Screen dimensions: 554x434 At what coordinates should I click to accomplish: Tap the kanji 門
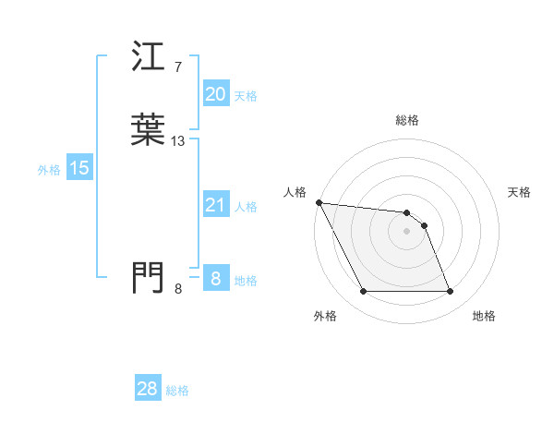coord(149,276)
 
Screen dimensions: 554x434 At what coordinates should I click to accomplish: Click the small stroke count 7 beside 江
coord(177,67)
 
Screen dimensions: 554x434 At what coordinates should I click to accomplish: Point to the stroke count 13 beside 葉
coord(178,141)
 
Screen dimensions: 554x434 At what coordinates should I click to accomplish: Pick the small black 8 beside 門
coord(177,289)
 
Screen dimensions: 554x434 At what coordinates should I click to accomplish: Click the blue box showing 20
coord(215,94)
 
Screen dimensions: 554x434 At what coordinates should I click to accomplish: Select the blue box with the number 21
coord(215,205)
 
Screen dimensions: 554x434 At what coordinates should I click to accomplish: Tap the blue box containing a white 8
coord(215,278)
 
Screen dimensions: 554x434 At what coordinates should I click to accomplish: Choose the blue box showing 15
coord(79,168)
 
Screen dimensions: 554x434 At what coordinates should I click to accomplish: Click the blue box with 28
coord(148,389)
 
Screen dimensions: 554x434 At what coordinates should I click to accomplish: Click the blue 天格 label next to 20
coord(245,96)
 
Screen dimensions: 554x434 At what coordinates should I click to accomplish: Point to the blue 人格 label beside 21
coord(245,207)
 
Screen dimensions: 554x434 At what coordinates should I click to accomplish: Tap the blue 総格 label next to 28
coord(177,391)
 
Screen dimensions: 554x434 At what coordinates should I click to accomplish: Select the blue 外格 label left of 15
coord(49,170)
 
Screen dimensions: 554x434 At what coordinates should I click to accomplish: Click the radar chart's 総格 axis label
coord(407,120)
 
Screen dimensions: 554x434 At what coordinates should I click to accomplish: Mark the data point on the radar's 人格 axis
coord(319,202)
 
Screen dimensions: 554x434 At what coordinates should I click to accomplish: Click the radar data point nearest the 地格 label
coord(450,292)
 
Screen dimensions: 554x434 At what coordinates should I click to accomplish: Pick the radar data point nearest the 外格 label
coord(364,292)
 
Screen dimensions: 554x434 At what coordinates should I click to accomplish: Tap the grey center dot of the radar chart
coord(407,231)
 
